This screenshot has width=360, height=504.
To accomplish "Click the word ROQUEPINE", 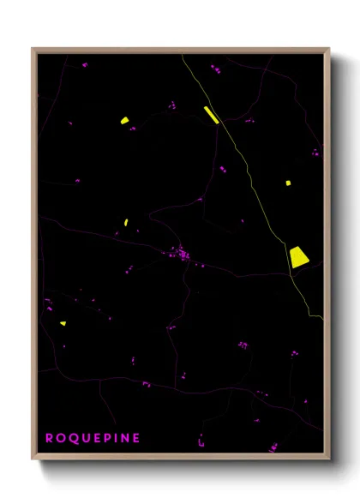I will pyautogui.click(x=93, y=438).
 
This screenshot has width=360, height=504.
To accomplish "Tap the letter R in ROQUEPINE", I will pyautogui.click(x=49, y=438).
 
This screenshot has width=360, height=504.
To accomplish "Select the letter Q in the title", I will pyautogui.click(x=72, y=438).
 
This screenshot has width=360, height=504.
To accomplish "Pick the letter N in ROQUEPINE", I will pyautogui.click(x=124, y=438).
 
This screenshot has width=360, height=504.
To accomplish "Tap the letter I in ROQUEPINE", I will pyautogui.click(x=115, y=438).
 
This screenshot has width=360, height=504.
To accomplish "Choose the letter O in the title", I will pyautogui.click(x=60, y=438).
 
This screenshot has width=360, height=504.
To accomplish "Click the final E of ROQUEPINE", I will pyautogui.click(x=135, y=438).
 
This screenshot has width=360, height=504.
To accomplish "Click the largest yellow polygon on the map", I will pyautogui.click(x=298, y=256).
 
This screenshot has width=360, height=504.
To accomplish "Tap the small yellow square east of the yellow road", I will pyautogui.click(x=289, y=182).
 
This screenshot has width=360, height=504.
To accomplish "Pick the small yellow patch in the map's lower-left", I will pyautogui.click(x=63, y=323).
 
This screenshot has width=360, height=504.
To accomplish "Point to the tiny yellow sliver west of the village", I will pyautogui.click(x=126, y=222).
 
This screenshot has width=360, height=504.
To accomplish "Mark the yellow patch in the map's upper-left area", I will pyautogui.click(x=125, y=121).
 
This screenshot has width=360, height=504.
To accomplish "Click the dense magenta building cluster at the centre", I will pyautogui.click(x=181, y=254).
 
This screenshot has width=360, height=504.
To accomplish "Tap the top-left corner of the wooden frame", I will pyautogui.click(x=33, y=50).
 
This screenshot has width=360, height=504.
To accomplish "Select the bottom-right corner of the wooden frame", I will pyautogui.click(x=328, y=459).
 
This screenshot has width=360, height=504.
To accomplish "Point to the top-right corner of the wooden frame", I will pyautogui.click(x=328, y=50).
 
